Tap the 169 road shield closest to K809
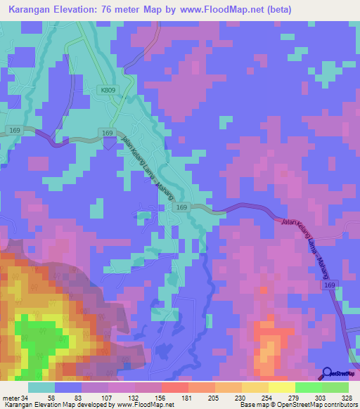[x=107, y=133]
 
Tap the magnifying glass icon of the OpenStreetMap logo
[x=326, y=372]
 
